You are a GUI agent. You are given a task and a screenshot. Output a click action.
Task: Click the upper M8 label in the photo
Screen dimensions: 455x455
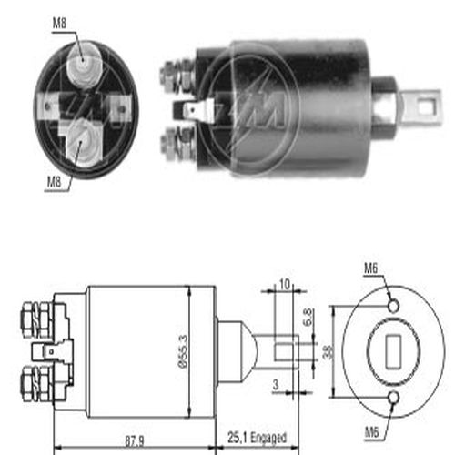coord(59,23)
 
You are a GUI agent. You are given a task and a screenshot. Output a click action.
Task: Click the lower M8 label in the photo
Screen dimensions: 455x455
coord(54,182)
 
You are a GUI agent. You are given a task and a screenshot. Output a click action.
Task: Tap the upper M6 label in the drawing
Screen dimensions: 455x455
coord(371,268)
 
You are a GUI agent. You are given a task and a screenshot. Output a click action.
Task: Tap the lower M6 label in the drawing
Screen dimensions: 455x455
coord(371,432)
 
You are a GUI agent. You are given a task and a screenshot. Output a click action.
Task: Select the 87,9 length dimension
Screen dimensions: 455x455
coord(135,441)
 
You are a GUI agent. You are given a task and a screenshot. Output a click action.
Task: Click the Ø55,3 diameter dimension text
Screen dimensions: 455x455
coord(183,351)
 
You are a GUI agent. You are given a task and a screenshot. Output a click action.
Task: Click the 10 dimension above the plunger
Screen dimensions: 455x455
coord(284,285)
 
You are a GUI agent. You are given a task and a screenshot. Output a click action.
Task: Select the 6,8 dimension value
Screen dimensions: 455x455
coord(308,318)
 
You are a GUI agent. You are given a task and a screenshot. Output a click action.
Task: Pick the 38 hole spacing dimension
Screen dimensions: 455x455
coord(328,352)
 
